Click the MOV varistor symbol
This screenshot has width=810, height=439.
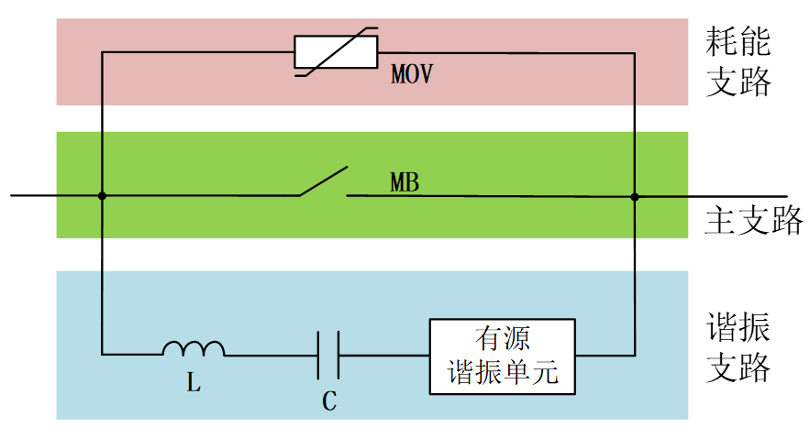pyautogui.click(x=336, y=53)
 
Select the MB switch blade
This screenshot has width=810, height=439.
pyautogui.click(x=323, y=181)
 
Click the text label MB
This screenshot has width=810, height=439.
pyautogui.click(x=404, y=182)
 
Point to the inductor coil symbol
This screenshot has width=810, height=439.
pyautogui.click(x=194, y=349)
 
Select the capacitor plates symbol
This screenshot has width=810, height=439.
pyautogui.click(x=328, y=355)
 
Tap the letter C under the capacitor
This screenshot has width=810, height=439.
pyautogui.click(x=327, y=401)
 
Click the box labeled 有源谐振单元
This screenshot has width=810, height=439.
pyautogui.click(x=503, y=356)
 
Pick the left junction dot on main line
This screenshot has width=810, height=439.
pyautogui.click(x=102, y=195)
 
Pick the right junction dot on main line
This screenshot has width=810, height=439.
pyautogui.click(x=634, y=195)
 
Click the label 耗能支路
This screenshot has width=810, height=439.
pyautogui.click(x=738, y=61)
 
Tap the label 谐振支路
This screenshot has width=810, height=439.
pyautogui.click(x=738, y=346)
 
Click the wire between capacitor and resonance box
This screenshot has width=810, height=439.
pyautogui.click(x=384, y=355)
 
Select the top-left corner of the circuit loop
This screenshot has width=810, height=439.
pyautogui.click(x=102, y=53)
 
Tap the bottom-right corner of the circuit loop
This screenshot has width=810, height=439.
pyautogui.click(x=634, y=355)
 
